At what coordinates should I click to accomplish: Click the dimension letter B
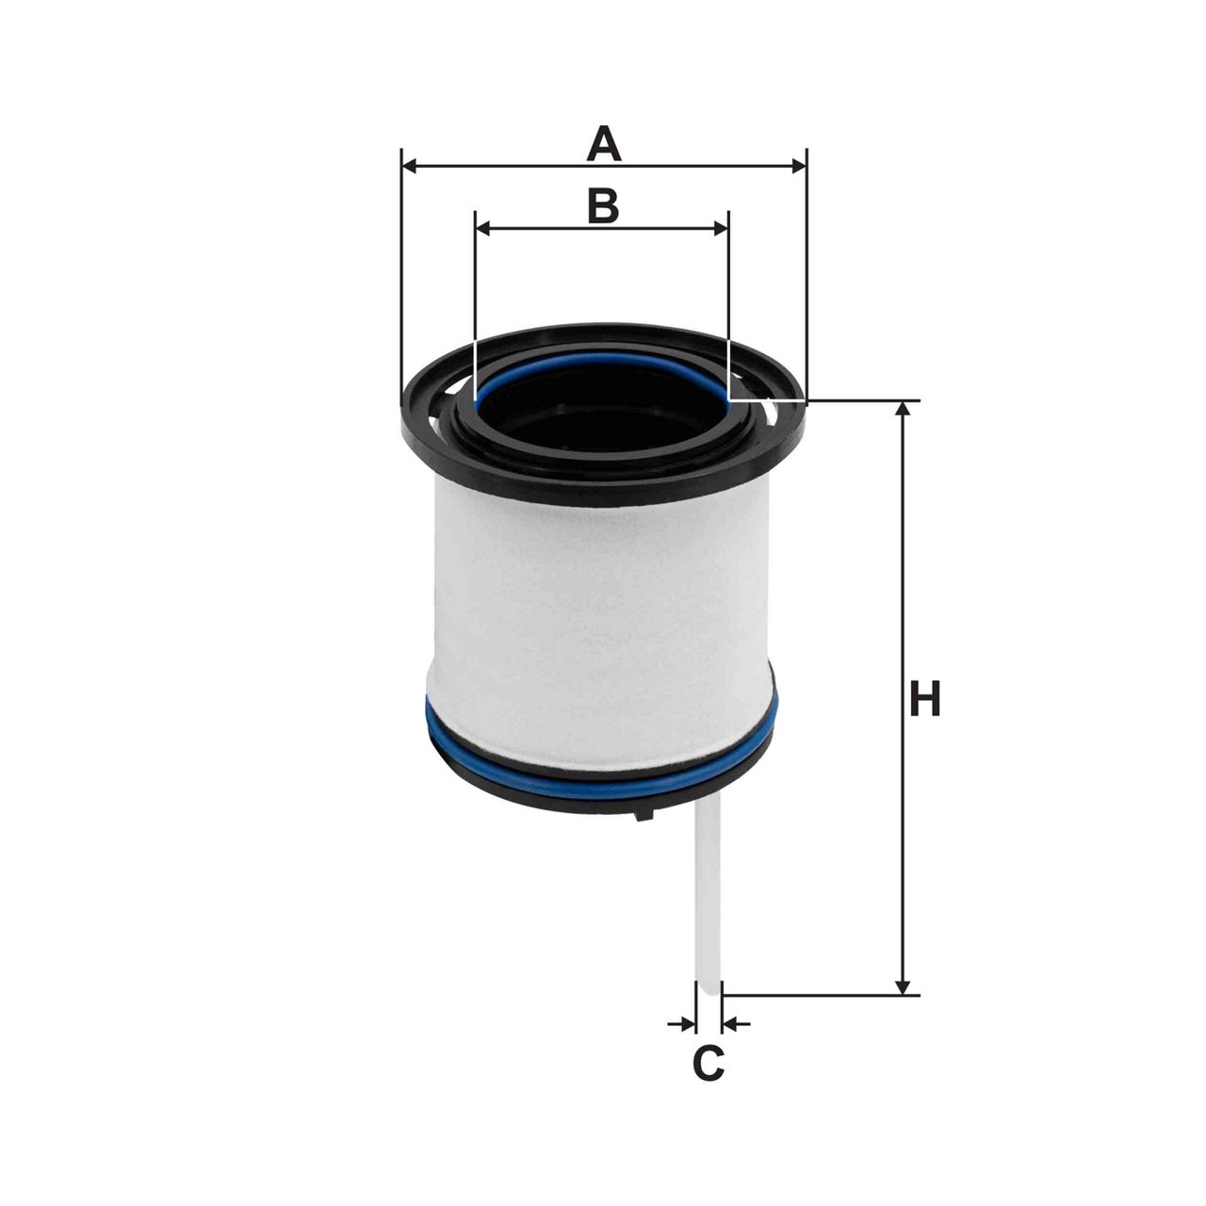tap(603, 205)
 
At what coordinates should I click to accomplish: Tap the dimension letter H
tap(925, 699)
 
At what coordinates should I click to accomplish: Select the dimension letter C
tap(709, 1063)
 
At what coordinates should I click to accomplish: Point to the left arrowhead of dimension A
tap(409, 167)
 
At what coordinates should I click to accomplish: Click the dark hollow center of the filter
tap(603, 415)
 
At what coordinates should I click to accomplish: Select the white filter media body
tap(603, 612)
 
